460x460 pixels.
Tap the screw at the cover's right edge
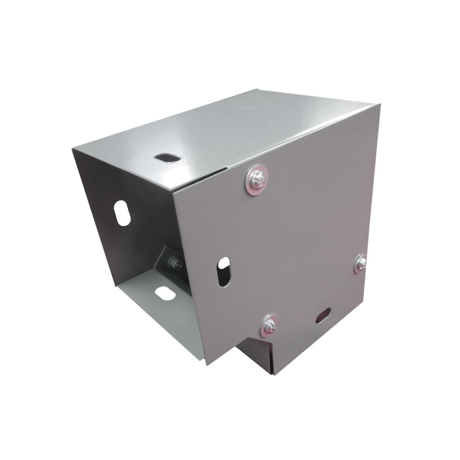[361, 263]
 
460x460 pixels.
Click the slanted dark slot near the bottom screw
[323, 314]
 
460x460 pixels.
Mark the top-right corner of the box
[381, 103]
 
